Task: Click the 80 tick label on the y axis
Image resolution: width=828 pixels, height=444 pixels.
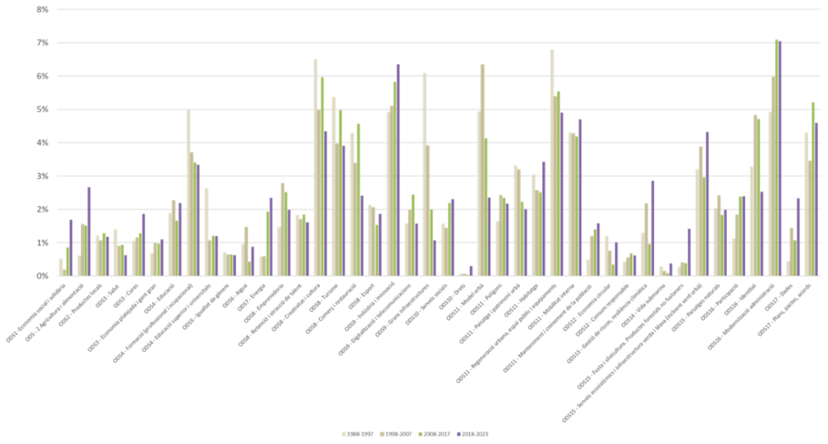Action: (x=43, y=9)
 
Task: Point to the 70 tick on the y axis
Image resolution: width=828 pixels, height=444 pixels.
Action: (x=43, y=43)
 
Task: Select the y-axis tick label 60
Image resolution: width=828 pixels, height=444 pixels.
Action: (x=43, y=77)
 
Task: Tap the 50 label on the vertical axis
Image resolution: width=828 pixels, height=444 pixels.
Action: (x=43, y=109)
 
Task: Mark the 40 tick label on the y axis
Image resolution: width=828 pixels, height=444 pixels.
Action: (x=43, y=143)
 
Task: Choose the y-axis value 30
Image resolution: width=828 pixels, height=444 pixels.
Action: (x=43, y=176)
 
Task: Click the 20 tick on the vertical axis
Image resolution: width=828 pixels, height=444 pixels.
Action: (x=43, y=210)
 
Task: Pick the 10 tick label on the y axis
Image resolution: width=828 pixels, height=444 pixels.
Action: (x=43, y=243)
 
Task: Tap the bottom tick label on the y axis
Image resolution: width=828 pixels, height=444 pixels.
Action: (x=43, y=276)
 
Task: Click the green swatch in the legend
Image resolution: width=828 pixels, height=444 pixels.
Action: (x=422, y=434)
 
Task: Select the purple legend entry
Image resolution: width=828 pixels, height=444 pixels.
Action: (x=461, y=434)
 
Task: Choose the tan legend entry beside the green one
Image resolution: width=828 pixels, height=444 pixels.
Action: (x=383, y=434)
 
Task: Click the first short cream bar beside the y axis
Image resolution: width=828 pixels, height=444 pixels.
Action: (x=61, y=266)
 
